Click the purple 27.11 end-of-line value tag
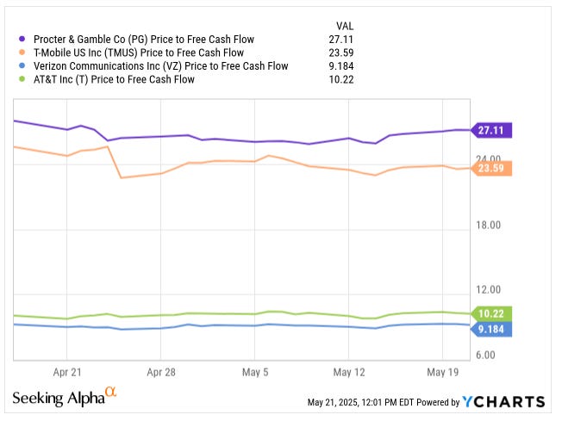coord(493,130)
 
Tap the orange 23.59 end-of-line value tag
coord(493,168)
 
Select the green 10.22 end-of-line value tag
coord(493,313)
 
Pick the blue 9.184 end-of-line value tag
coord(493,328)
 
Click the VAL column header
coord(343,25)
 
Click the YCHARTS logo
coord(504,402)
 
